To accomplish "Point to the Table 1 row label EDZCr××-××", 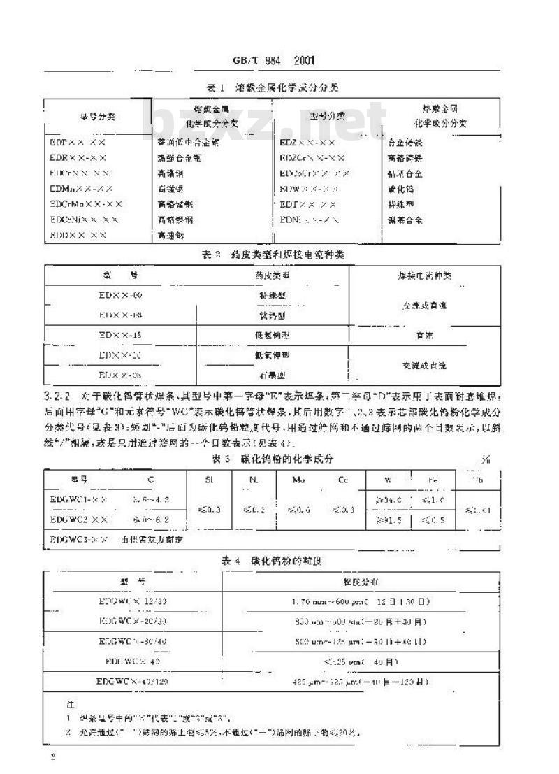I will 312,157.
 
